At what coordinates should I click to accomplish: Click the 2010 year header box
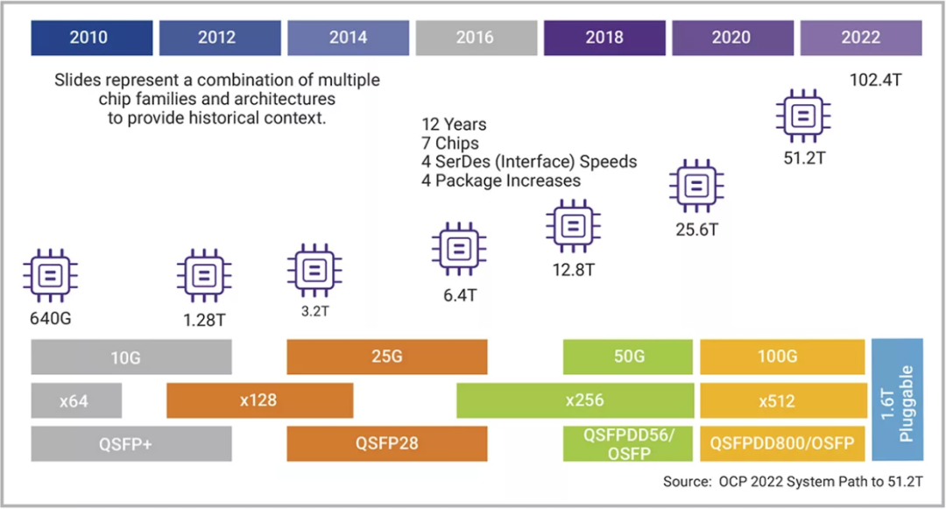(89, 38)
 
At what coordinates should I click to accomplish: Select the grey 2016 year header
(475, 38)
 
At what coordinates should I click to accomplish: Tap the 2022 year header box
(860, 38)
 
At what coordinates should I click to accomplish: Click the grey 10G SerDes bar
(131, 357)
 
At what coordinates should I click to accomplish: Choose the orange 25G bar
(386, 357)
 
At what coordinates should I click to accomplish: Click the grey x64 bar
(76, 400)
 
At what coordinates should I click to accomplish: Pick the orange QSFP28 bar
(386, 443)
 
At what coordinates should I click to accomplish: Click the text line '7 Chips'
(450, 143)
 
